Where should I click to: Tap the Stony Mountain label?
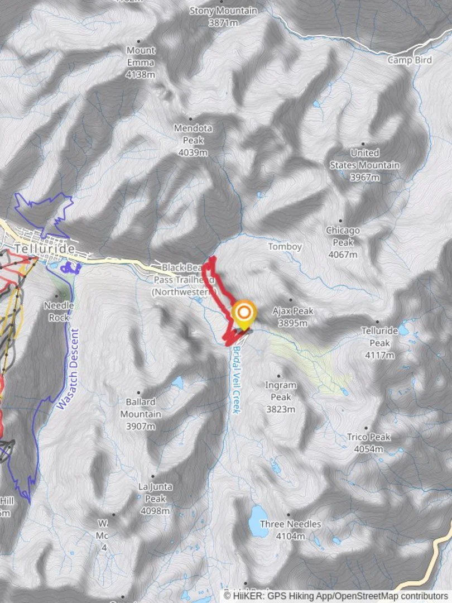point(223,17)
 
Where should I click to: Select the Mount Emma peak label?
point(141,62)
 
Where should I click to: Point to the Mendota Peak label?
point(193,140)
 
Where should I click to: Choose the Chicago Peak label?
point(343,242)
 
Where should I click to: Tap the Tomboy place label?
point(285,246)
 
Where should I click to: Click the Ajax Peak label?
point(293,317)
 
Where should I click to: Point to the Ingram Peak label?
point(280,397)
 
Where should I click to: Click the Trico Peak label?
point(368,443)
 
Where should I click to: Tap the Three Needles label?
point(290,530)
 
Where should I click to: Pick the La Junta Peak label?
point(155,499)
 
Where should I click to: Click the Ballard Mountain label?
point(141,414)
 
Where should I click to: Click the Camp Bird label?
point(410,60)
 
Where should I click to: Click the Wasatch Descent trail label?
point(66,368)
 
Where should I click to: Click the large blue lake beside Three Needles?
point(258,521)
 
